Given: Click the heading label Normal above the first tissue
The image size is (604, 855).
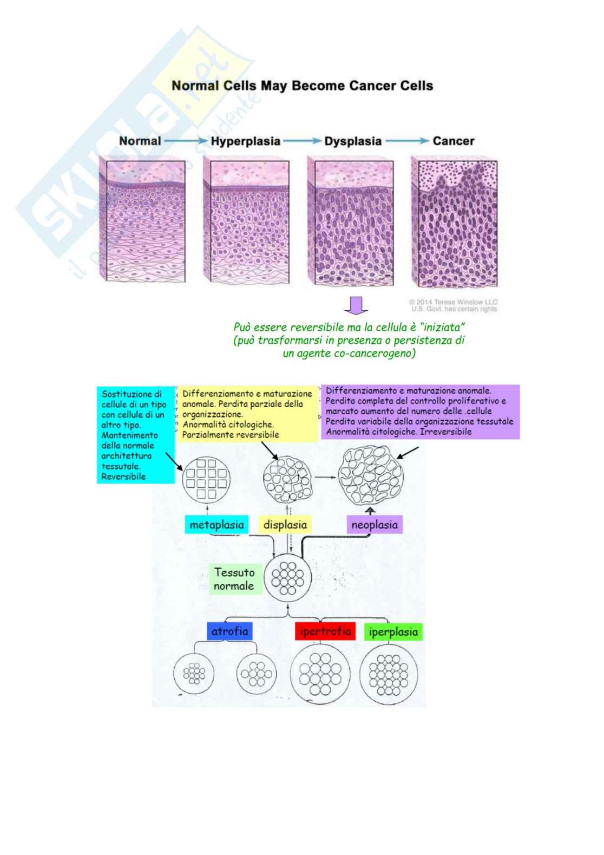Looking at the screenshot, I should click(x=140, y=141).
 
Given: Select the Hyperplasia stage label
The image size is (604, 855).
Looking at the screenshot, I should click(x=246, y=141).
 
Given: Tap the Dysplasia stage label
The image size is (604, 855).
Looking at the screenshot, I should click(x=353, y=141).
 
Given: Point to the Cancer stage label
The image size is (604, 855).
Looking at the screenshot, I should click(x=453, y=141).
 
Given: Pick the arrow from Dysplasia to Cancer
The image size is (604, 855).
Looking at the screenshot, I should click(x=407, y=141).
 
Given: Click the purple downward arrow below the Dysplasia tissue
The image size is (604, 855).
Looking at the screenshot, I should click(x=356, y=305).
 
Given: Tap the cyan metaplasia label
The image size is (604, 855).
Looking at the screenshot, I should click(x=216, y=525).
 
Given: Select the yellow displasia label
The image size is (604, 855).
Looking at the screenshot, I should click(x=285, y=525).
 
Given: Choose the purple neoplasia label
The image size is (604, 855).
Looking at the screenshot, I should click(x=375, y=525).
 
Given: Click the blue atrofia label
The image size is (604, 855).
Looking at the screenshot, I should click(x=230, y=631).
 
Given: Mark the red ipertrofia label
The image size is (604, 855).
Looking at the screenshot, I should click(x=325, y=631).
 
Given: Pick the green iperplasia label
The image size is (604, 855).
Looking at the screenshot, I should click(x=393, y=632).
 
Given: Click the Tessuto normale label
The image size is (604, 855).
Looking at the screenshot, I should click(x=234, y=579).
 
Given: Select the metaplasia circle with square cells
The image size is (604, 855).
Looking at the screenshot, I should click(x=207, y=479).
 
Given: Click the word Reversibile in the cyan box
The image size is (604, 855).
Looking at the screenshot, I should click(x=124, y=477).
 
